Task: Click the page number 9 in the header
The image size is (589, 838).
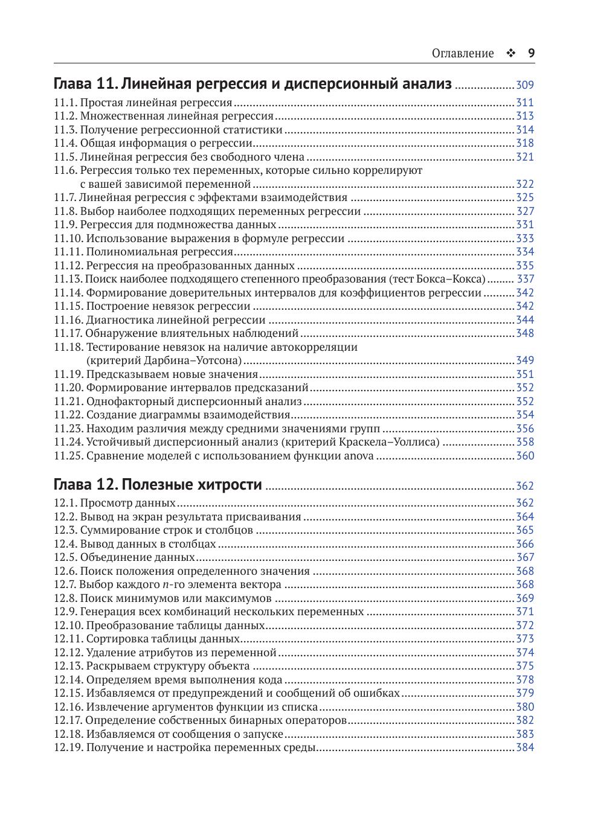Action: point(531,53)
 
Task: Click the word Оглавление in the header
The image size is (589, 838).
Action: point(463,54)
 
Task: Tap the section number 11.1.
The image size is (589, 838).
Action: point(65,103)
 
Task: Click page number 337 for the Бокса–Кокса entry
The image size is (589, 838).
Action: point(526,279)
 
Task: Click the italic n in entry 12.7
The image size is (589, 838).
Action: point(166,585)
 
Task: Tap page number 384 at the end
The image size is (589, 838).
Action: point(525,747)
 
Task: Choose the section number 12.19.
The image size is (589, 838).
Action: point(68,747)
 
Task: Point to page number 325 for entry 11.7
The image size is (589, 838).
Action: point(525,197)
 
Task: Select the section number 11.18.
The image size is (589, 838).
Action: point(68,347)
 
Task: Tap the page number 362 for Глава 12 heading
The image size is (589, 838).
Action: point(525,486)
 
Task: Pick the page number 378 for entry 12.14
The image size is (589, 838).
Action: point(525,680)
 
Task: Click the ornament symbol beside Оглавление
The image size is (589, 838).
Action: point(510,53)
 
